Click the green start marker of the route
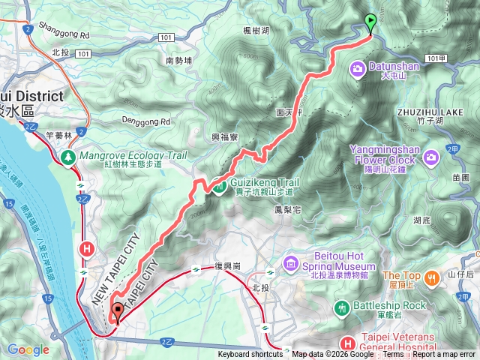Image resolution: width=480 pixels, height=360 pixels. (370, 22)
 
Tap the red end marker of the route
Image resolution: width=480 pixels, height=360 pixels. (116, 311)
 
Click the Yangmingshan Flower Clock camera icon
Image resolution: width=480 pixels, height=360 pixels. (431, 157)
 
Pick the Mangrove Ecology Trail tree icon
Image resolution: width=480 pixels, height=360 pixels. (68, 157)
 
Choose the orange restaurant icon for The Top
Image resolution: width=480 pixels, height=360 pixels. (431, 279)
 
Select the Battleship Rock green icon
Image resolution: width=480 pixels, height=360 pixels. (342, 307)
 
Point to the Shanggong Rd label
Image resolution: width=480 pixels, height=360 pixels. (64, 34)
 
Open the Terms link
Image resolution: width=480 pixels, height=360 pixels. (393, 355)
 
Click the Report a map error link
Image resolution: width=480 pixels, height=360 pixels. (444, 355)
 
